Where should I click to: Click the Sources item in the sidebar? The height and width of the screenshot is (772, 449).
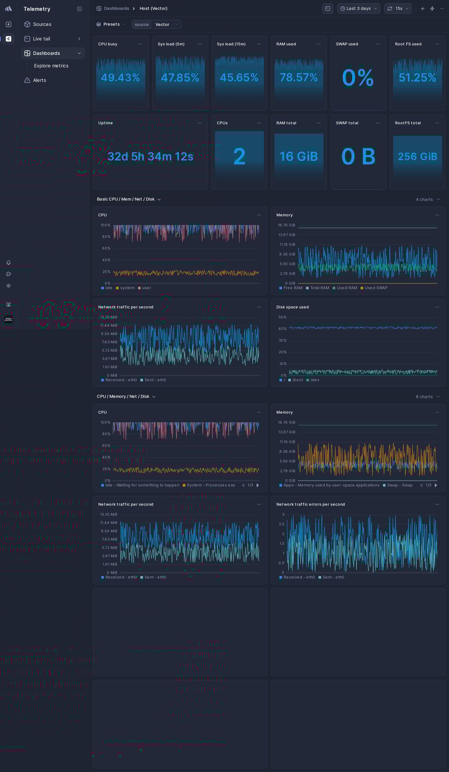coord(42,24)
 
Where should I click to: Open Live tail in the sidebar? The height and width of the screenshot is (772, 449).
coord(41,39)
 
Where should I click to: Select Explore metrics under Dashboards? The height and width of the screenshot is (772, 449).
coord(51,66)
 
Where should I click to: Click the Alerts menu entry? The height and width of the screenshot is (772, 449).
coord(39,80)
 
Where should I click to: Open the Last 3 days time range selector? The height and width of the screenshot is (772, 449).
coord(358,8)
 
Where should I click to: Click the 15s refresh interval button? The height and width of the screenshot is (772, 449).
coord(398,8)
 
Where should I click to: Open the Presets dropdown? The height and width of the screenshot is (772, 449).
coord(111,24)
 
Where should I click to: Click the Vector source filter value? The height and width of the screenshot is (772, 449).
coord(162,25)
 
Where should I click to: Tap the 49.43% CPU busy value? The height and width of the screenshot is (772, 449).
coord(120,77)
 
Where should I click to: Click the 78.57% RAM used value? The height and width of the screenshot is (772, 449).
coord(299,77)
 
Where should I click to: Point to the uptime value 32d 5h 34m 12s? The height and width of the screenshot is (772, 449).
coord(150,157)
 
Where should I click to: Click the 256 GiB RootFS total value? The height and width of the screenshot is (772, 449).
coord(417,157)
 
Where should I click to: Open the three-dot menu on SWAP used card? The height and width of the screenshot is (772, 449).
coord(378,44)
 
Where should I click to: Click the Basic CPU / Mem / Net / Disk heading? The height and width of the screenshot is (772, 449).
coord(126,199)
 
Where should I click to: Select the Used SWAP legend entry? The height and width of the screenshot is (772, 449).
coord(376,288)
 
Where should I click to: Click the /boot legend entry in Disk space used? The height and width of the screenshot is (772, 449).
coord(297,380)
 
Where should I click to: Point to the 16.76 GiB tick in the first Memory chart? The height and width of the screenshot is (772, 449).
coord(286,225)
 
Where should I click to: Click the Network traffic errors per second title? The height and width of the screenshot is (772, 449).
coord(310,504)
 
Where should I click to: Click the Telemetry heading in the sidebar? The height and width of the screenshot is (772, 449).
coord(37,9)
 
